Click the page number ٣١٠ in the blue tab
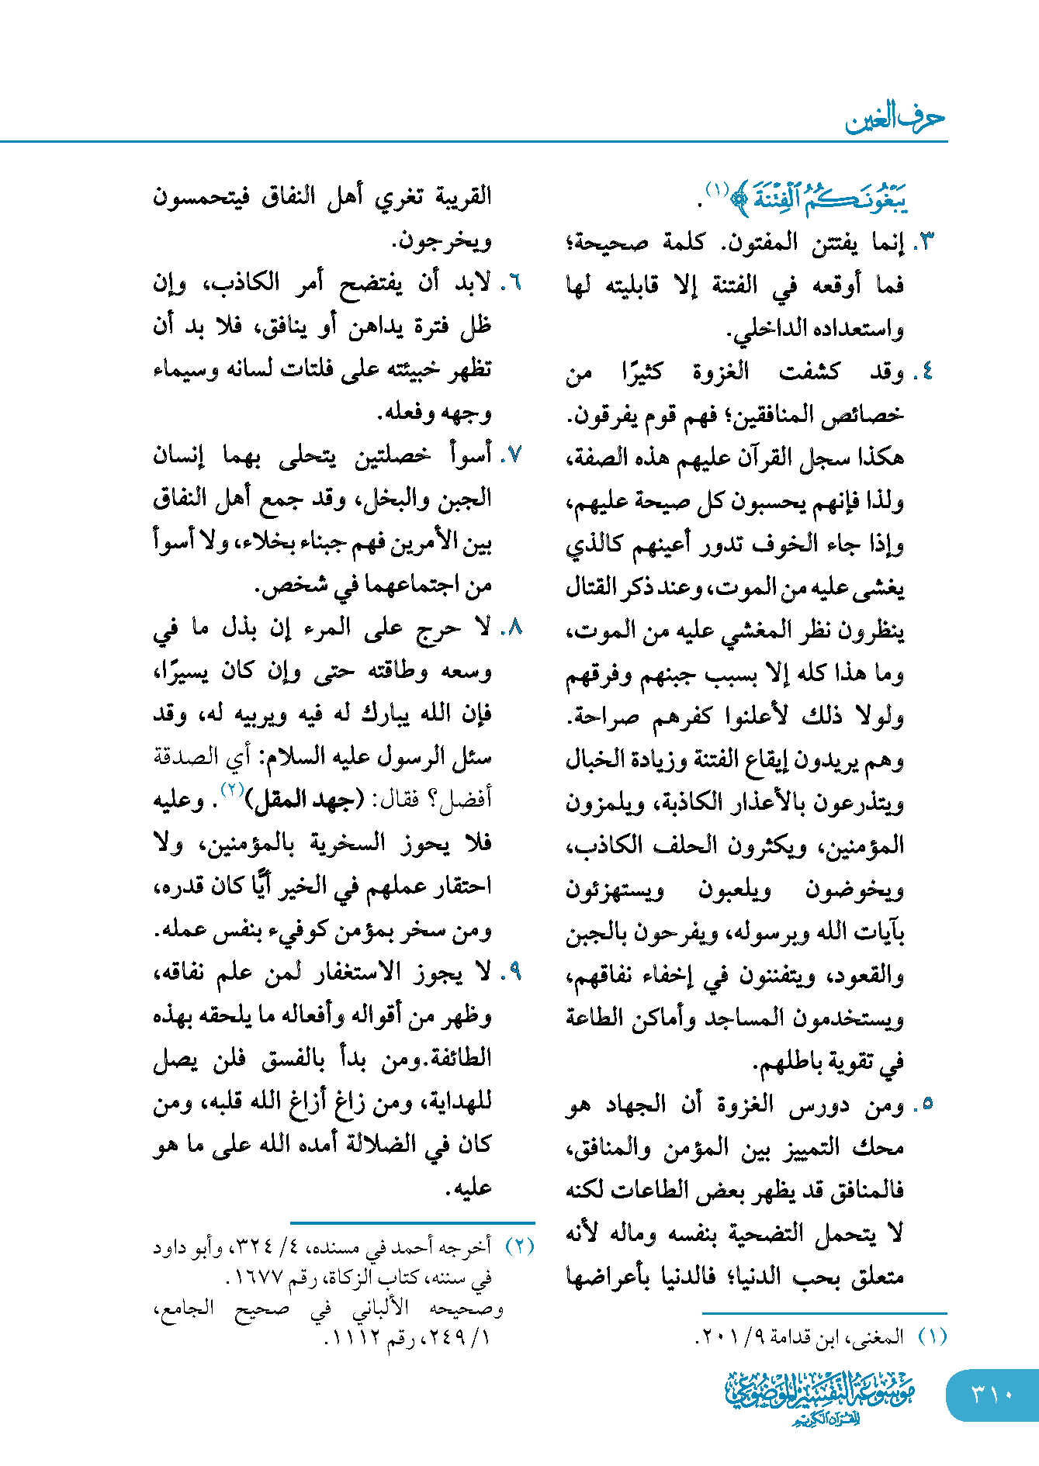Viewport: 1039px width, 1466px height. (992, 1394)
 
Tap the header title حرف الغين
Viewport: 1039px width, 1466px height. (895, 118)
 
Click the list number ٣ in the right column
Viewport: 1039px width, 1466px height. (924, 243)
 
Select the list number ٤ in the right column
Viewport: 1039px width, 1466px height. (924, 372)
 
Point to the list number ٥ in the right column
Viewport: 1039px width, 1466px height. (924, 1104)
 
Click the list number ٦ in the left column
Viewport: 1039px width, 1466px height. (512, 283)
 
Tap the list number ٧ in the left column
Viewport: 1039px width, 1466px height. (512, 455)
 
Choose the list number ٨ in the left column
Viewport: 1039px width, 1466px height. (512, 628)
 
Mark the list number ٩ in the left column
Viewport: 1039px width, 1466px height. (512, 972)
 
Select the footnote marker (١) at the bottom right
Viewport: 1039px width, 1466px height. (933, 1336)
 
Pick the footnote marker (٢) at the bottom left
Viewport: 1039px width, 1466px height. (520, 1246)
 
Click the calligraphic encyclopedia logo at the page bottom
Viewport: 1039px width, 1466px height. (820, 1396)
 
